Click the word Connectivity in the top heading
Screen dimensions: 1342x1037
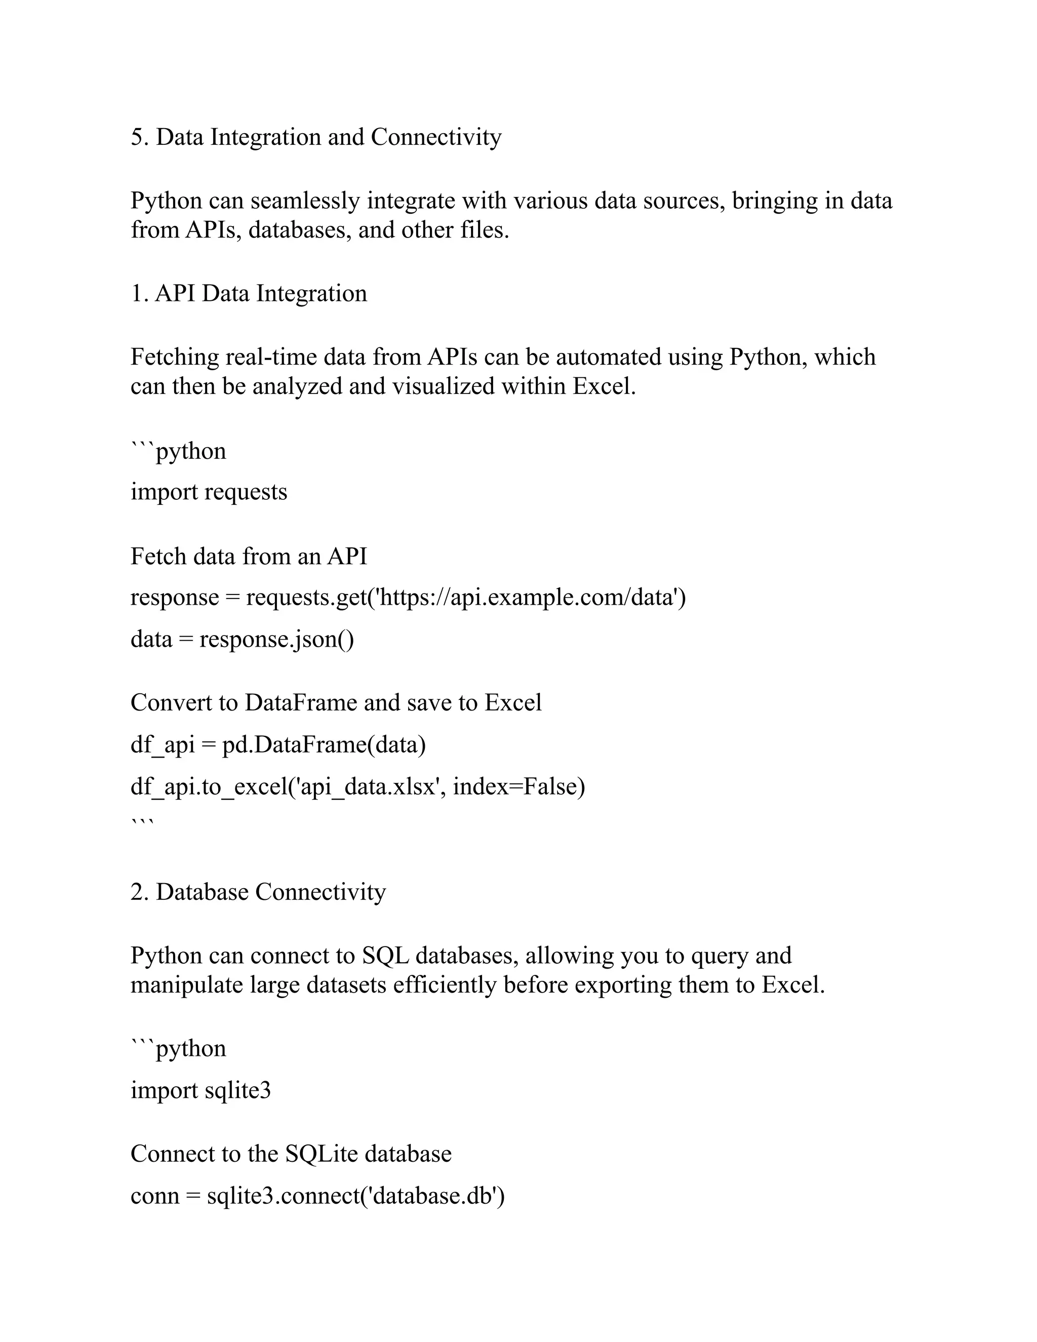pos(435,137)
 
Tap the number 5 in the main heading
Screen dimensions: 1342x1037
pos(136,137)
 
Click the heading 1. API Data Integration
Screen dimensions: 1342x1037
pos(249,293)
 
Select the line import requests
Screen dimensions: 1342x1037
pos(209,492)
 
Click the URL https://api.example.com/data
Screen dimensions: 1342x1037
pos(528,597)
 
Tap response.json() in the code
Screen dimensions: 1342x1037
pos(276,639)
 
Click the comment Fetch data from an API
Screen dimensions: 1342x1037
pos(249,556)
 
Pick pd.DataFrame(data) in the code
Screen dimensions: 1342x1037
pos(324,745)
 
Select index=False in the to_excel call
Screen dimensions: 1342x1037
pos(518,786)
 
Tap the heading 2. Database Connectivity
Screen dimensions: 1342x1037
pos(258,892)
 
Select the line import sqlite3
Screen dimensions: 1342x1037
pos(201,1090)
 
